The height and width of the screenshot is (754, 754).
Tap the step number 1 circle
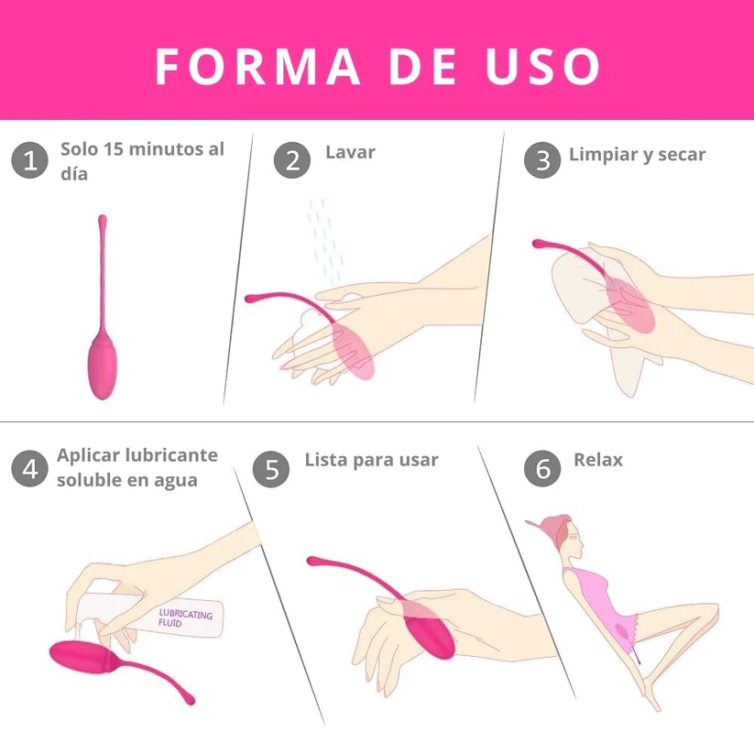(29, 161)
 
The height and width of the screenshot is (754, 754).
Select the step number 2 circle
(292, 160)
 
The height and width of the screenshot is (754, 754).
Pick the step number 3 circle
(542, 160)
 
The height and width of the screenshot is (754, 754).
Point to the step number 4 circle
(29, 468)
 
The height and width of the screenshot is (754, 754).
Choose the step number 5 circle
(271, 468)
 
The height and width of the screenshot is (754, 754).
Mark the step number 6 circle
(542, 468)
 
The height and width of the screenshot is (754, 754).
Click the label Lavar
(350, 152)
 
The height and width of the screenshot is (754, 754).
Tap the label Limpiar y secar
(637, 154)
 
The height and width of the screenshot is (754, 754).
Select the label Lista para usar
(371, 460)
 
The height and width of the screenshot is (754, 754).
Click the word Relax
(597, 460)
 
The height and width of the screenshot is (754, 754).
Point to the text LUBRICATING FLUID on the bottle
(184, 617)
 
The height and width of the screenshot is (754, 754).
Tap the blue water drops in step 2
(324, 240)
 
